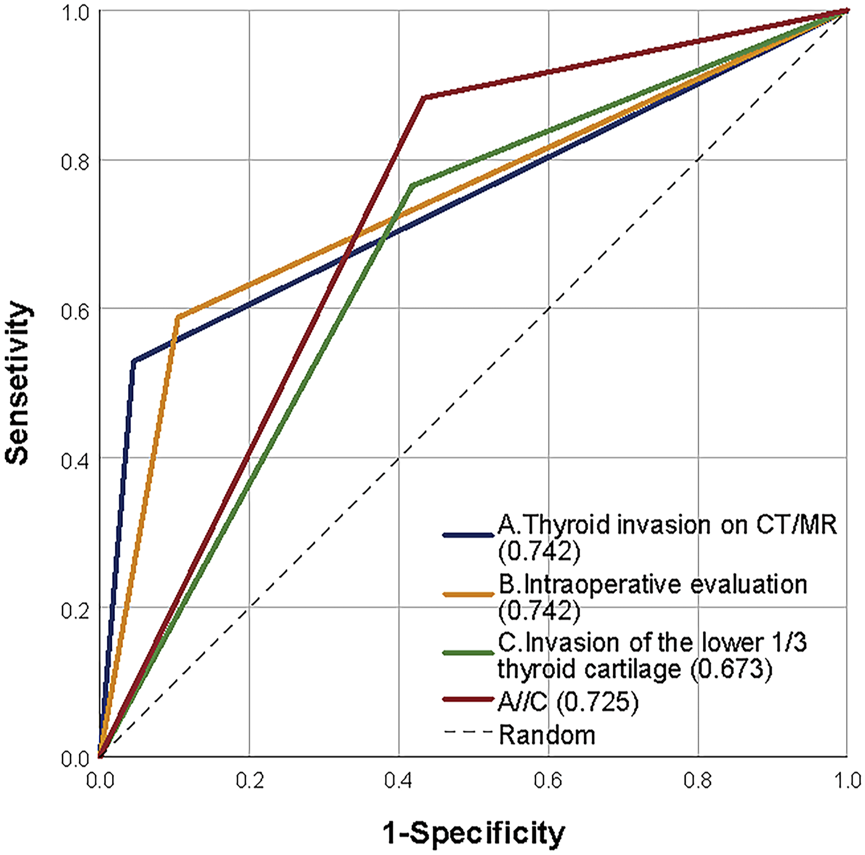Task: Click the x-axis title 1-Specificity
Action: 473,833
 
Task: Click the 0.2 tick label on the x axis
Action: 250,780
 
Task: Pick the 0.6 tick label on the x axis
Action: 549,780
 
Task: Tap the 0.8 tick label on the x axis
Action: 698,780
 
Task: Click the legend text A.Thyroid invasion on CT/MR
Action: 667,525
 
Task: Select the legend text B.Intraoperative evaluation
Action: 653,584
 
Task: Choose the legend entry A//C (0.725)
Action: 568,702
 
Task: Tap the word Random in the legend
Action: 547,735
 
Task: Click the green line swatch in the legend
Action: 468,653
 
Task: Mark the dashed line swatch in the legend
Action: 468,732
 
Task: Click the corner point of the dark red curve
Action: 424,97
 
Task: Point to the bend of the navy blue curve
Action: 134,361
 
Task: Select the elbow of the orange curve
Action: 177,317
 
